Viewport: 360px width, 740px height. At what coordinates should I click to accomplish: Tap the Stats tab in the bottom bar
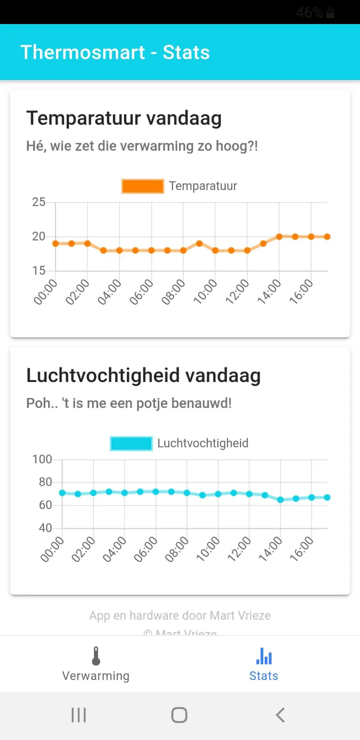coord(264,665)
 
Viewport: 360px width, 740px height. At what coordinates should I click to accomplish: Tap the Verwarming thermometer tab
coord(96,665)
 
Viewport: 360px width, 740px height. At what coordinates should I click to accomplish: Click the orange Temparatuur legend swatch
coord(143,186)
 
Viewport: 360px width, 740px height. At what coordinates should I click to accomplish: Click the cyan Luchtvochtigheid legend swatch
coord(131,443)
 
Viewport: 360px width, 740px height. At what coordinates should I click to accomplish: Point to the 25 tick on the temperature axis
coord(39,202)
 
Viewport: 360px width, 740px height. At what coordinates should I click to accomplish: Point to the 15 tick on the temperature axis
coord(39,271)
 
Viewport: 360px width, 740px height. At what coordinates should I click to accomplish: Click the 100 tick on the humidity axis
coord(42,459)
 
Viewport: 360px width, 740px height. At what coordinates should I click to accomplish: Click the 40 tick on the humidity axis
coord(45,528)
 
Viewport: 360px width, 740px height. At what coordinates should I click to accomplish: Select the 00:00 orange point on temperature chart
coord(56,243)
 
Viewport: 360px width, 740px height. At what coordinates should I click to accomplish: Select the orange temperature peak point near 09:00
coord(199,243)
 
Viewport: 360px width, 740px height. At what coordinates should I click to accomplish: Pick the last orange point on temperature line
coord(327,236)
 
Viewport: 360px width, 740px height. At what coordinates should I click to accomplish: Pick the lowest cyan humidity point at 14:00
coord(280,499)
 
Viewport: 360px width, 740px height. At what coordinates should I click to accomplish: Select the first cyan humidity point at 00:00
coord(62,493)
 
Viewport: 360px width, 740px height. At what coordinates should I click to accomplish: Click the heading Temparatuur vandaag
coord(124,118)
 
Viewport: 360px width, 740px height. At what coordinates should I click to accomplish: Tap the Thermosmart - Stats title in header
coord(115,52)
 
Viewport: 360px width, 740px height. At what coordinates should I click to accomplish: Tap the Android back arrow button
coord(280,715)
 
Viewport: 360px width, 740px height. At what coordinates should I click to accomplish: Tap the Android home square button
coord(180,715)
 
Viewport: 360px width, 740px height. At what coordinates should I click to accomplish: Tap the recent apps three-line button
coord(79,715)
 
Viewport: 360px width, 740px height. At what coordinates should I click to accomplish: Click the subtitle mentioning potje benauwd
coord(129,403)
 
